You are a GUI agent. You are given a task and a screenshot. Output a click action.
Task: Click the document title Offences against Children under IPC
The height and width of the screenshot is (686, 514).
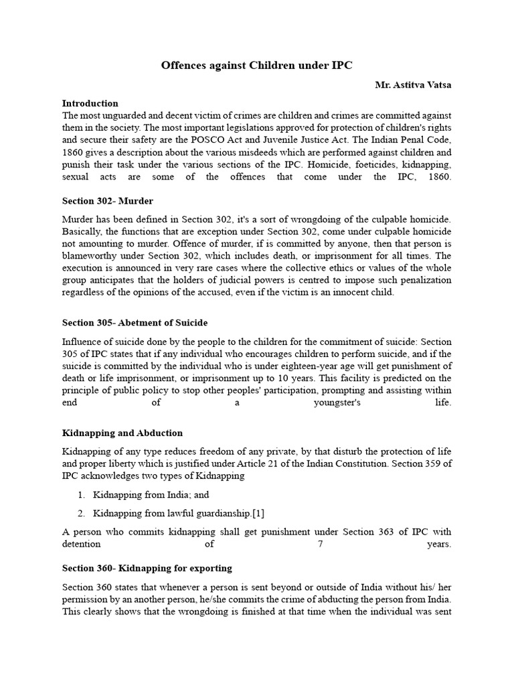click(x=257, y=66)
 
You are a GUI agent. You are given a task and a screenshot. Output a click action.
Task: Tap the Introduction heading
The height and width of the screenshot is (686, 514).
click(x=90, y=103)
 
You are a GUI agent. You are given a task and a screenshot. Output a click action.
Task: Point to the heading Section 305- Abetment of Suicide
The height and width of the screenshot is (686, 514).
click(x=135, y=322)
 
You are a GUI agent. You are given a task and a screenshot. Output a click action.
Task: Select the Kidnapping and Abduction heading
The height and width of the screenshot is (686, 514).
click(x=122, y=433)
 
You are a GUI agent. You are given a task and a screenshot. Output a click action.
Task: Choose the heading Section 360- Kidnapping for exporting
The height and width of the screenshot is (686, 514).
click(x=147, y=568)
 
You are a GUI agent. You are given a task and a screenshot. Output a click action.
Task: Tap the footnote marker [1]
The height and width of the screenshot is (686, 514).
click(x=258, y=513)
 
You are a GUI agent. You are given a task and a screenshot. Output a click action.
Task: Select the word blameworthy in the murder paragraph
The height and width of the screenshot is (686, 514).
click(x=90, y=255)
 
